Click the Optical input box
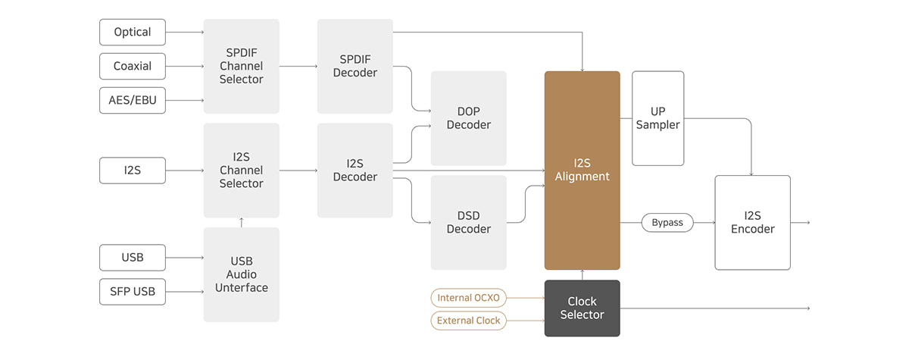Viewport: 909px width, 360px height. (x=133, y=32)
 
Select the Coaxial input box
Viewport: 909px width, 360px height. (x=133, y=66)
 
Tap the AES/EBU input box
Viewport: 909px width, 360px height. (x=133, y=100)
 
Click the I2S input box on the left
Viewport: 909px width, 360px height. (x=133, y=171)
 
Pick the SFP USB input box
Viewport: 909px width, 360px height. (x=133, y=292)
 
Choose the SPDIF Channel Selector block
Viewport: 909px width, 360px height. (x=242, y=66)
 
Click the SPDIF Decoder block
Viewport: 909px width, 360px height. (x=355, y=66)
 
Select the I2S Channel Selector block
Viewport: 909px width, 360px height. (x=242, y=171)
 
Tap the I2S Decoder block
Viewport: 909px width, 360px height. (x=355, y=171)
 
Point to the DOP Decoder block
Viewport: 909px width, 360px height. (x=468, y=118)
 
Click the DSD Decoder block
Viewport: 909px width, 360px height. (x=468, y=222)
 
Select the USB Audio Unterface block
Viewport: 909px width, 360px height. (x=242, y=274)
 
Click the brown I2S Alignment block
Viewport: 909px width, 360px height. (x=582, y=171)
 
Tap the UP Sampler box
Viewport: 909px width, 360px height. (x=658, y=118)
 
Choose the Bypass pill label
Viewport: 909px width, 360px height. (x=667, y=223)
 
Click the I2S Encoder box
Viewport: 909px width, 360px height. (x=752, y=222)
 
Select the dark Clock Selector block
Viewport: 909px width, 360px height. (x=582, y=308)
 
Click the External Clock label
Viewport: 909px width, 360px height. (x=469, y=321)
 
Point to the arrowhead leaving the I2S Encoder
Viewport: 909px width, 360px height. (x=807, y=223)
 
